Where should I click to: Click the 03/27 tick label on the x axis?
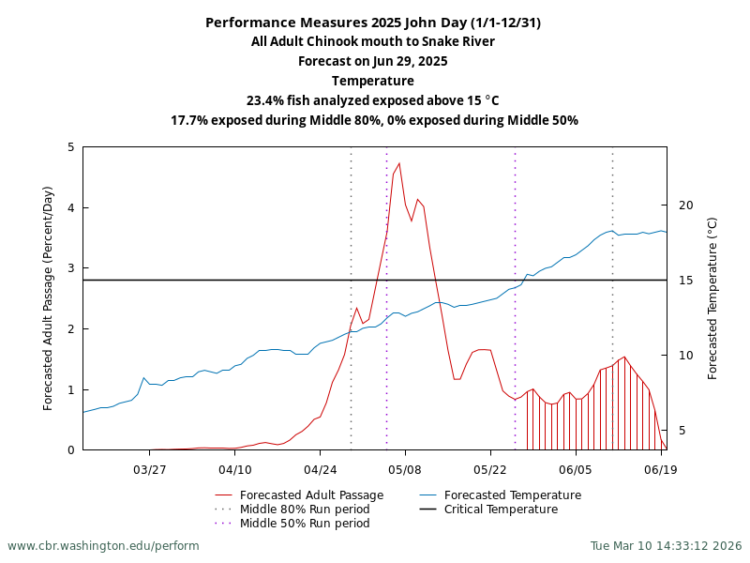[x=150, y=469]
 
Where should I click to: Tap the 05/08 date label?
[x=405, y=469]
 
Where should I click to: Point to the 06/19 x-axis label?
[x=661, y=469]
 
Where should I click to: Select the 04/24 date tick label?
[x=320, y=469]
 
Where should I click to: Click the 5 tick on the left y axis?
[x=71, y=147]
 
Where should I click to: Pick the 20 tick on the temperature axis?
[x=685, y=205]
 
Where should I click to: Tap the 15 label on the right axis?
[x=685, y=281]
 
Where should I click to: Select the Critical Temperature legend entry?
[x=501, y=510]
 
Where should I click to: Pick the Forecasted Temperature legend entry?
[x=512, y=495]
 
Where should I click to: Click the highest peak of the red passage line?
[x=399, y=163]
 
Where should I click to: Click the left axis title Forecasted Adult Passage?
[x=49, y=298]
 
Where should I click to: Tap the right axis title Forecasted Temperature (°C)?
[x=712, y=298]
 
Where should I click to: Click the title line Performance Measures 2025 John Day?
[x=373, y=23]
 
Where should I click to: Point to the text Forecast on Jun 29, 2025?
[x=373, y=61]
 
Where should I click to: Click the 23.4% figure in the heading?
[x=265, y=100]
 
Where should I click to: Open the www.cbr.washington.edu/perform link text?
[x=103, y=546]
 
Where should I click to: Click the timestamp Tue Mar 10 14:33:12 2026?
[x=666, y=546]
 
